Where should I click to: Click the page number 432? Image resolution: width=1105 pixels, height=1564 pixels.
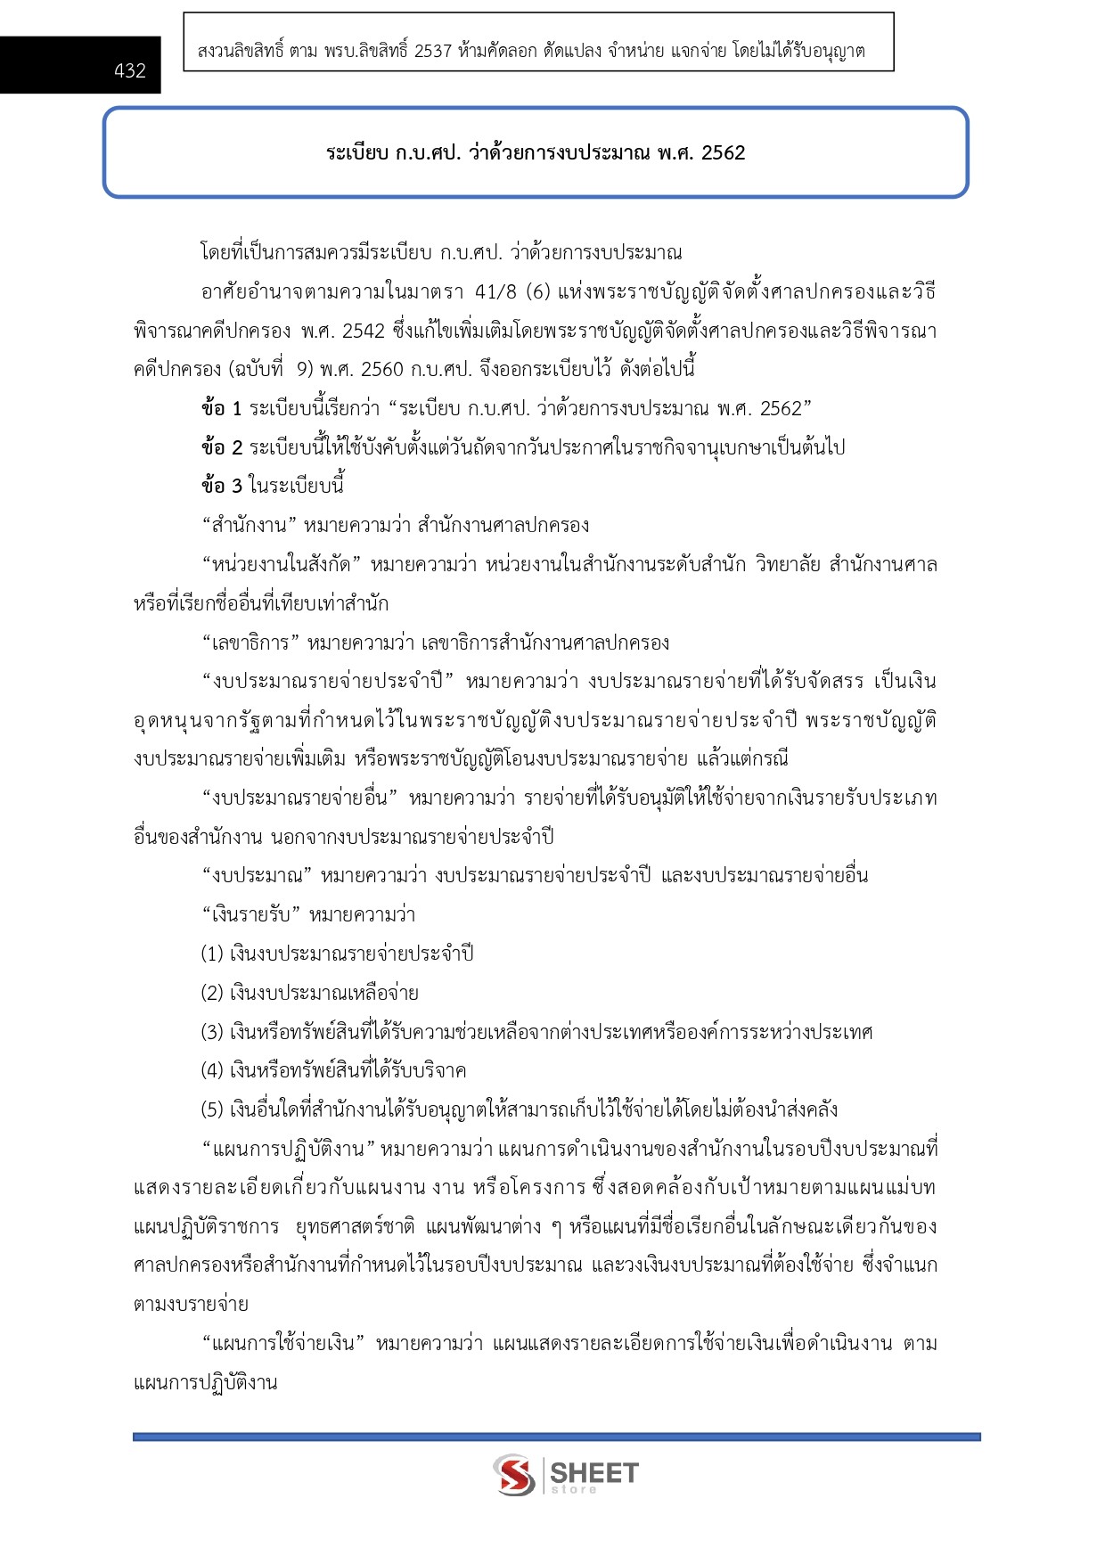130,71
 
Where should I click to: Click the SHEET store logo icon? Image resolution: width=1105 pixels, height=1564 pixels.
514,1475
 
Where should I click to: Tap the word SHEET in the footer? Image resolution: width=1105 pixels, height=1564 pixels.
594,1472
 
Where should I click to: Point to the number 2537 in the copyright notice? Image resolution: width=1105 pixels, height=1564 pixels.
432,52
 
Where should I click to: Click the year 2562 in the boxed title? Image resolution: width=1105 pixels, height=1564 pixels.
723,152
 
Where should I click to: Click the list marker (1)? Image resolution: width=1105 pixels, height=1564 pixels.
211,954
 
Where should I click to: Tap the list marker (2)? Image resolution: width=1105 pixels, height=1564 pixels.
211,993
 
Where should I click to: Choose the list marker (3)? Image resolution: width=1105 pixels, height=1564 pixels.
211,1032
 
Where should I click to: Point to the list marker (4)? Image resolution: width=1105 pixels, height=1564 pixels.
211,1070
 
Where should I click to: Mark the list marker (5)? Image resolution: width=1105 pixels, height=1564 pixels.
211,1110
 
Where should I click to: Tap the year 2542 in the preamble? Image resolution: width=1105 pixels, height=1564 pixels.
363,331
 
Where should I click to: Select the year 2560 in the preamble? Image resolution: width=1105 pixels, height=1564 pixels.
381,369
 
